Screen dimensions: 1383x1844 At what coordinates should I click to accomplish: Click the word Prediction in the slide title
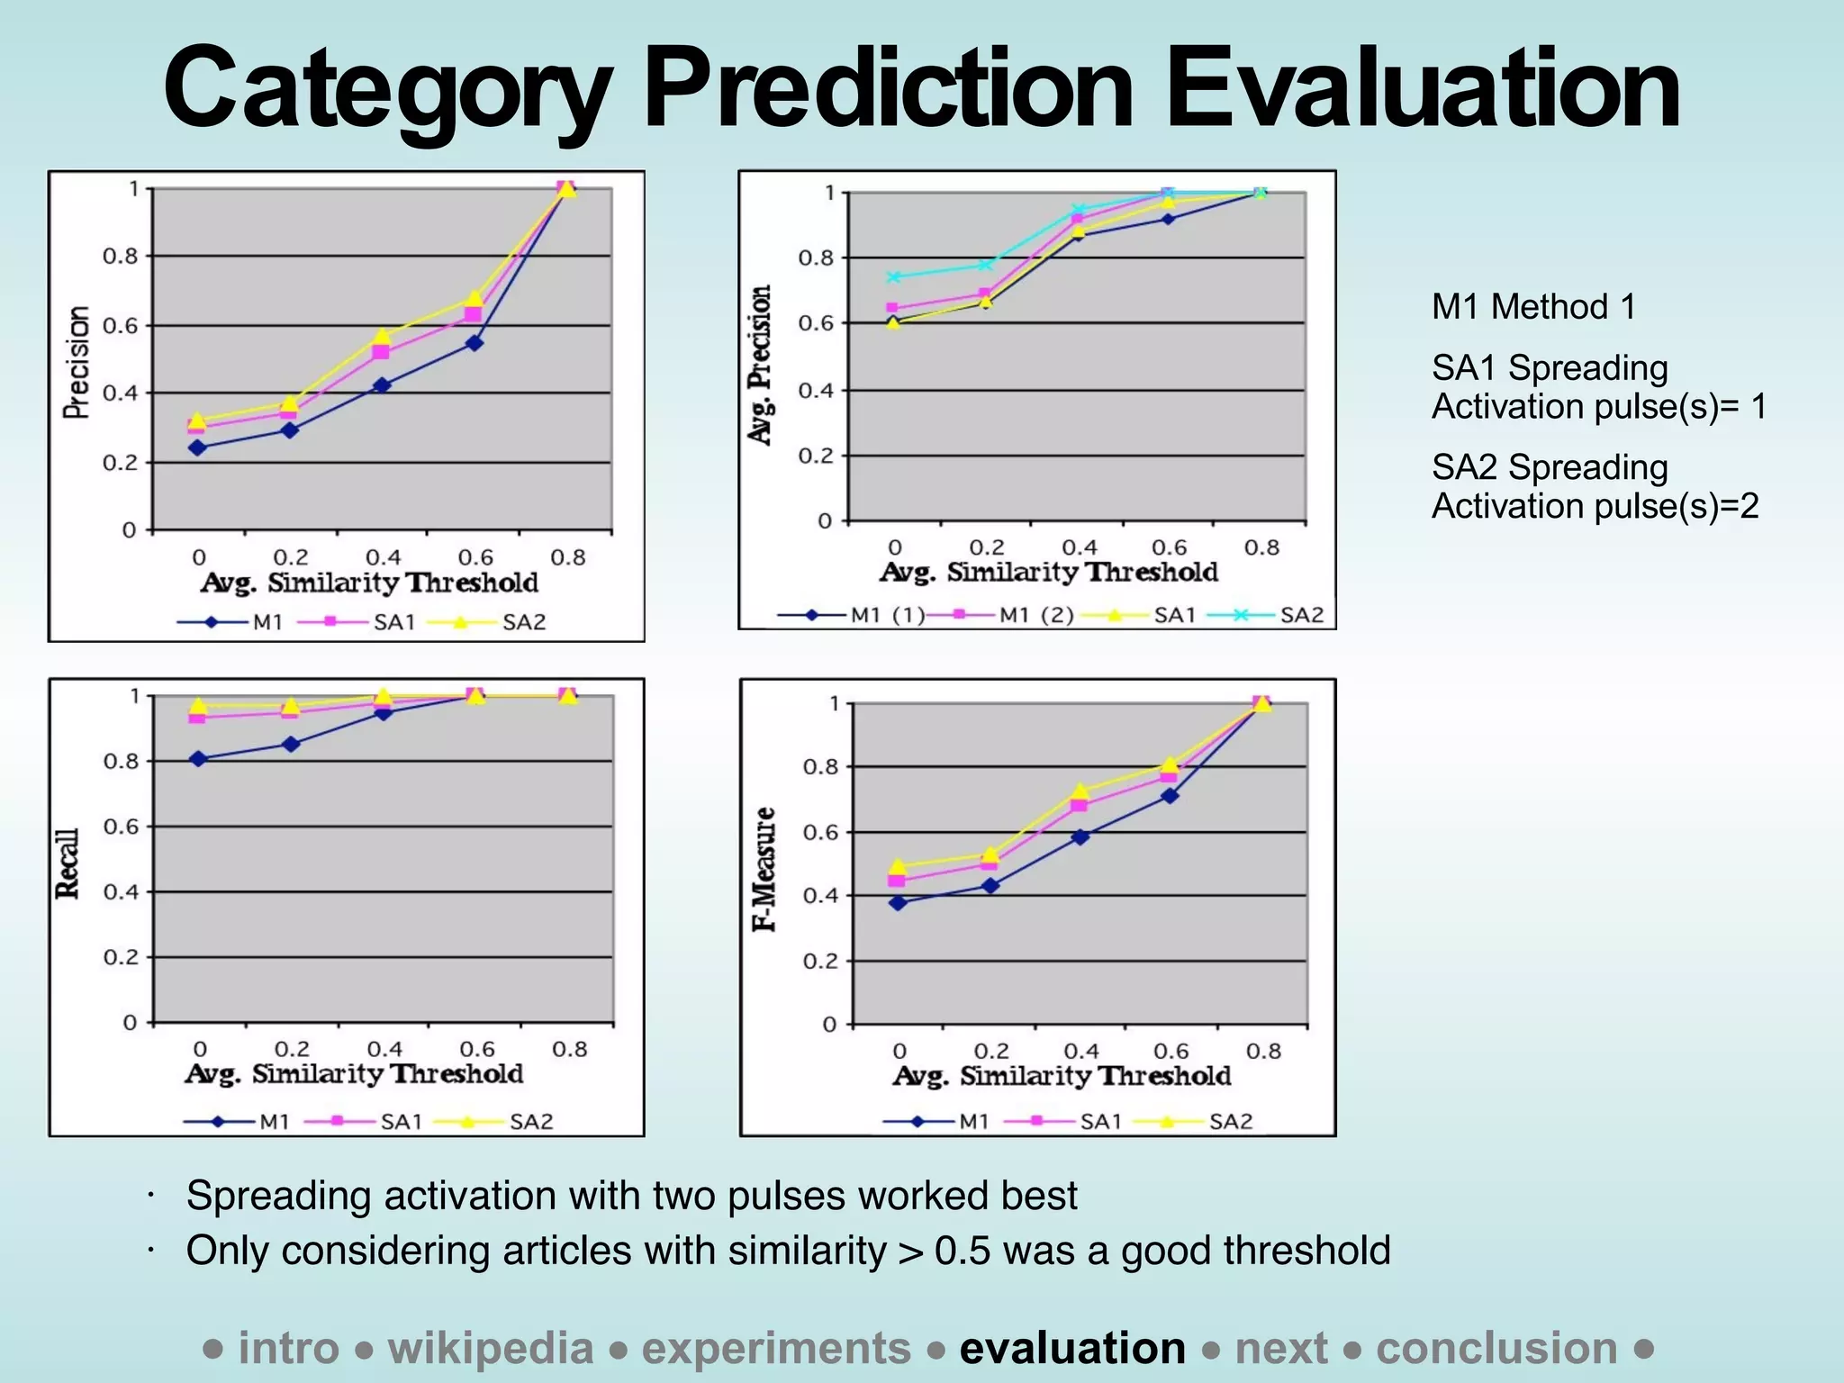click(x=887, y=90)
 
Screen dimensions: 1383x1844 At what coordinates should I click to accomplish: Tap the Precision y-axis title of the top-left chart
click(x=77, y=362)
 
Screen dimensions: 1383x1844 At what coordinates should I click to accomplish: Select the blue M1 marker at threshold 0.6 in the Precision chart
click(x=475, y=343)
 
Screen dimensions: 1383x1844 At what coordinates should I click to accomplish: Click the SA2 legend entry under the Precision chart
click(x=523, y=622)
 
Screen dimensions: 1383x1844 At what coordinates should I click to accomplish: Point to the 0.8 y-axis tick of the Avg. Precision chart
click(x=816, y=258)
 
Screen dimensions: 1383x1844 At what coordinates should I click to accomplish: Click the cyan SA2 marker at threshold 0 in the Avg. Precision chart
click(x=894, y=277)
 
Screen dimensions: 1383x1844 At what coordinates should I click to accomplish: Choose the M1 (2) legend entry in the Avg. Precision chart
click(x=1036, y=615)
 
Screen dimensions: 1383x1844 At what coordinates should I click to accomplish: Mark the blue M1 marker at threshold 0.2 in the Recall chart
click(x=291, y=745)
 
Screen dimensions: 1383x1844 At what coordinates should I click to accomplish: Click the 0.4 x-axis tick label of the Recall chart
click(x=384, y=1049)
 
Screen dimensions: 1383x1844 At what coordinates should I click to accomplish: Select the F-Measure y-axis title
click(x=764, y=869)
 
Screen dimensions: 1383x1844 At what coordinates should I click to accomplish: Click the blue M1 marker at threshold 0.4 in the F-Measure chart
click(x=1080, y=837)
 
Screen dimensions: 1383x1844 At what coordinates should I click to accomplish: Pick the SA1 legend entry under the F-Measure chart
click(x=1100, y=1122)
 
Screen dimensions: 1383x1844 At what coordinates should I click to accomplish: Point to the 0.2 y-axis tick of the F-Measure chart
click(x=819, y=961)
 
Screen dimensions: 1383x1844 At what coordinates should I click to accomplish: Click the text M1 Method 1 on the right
click(x=1532, y=307)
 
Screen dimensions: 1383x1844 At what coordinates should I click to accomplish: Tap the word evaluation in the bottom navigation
click(x=1072, y=1349)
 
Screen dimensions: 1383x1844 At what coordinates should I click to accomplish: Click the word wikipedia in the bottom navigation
click(x=491, y=1349)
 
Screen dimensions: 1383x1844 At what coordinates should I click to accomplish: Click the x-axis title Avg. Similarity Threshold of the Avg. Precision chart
click(x=1049, y=573)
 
